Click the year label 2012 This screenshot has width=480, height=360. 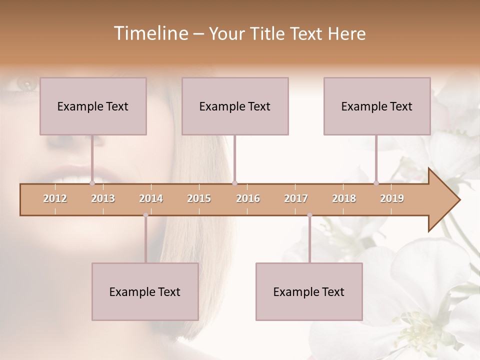[x=55, y=198]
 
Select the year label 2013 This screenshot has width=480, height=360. [x=103, y=198]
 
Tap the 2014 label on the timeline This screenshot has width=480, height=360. [x=151, y=198]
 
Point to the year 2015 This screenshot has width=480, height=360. [x=199, y=198]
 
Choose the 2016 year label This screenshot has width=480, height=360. [x=248, y=198]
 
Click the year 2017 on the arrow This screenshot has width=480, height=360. [x=296, y=198]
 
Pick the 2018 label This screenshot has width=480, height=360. [x=344, y=198]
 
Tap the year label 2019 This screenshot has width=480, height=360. [x=392, y=198]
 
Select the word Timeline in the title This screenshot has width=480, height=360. [x=150, y=33]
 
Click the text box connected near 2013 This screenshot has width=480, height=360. [x=93, y=106]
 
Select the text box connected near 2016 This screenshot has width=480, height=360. [x=235, y=106]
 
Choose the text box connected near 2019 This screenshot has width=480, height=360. [x=377, y=106]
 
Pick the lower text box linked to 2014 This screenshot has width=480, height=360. [x=145, y=291]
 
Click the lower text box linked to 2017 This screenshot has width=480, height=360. [x=309, y=291]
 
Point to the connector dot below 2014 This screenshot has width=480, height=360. [x=145, y=215]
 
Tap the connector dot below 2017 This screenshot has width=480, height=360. [x=309, y=215]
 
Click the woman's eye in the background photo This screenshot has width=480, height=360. [x=25, y=83]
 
